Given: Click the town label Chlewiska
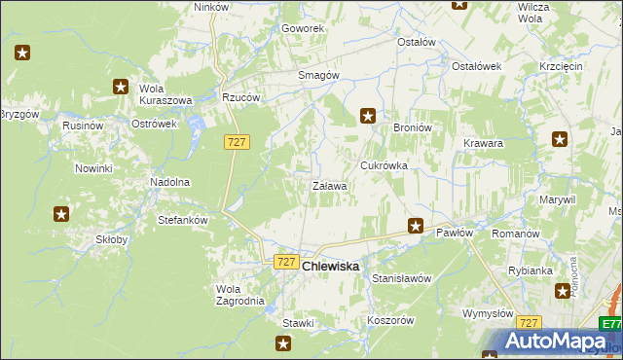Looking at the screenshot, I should click(x=331, y=266).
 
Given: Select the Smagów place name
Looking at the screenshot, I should click(x=317, y=75).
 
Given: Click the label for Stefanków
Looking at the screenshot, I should click(x=183, y=220).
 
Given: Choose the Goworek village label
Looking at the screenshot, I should click(x=303, y=28).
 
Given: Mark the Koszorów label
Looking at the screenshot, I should click(x=391, y=320).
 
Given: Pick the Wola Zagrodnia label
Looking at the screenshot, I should click(x=239, y=294).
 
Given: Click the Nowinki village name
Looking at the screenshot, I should click(x=94, y=168).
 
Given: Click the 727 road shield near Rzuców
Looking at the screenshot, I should click(x=237, y=142).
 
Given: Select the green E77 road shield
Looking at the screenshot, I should click(x=610, y=324).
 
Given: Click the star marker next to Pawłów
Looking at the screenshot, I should click(x=416, y=226).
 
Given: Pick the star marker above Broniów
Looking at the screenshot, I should click(x=368, y=116).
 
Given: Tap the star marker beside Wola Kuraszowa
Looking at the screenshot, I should click(x=121, y=87).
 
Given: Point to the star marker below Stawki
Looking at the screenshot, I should click(x=283, y=342).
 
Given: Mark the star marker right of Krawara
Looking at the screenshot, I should click(x=560, y=139).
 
